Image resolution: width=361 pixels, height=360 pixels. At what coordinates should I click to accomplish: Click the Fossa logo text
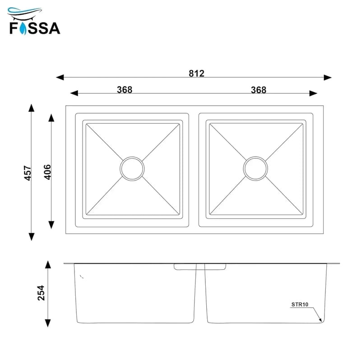(35, 28)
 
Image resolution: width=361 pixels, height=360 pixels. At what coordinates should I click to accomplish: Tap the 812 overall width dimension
(196, 74)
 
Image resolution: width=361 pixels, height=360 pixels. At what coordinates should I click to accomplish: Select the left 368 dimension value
(125, 89)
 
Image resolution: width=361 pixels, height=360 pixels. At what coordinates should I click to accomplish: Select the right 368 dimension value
(259, 90)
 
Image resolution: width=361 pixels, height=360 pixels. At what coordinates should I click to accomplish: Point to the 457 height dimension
(28, 173)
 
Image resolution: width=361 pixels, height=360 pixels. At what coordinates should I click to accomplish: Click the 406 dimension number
(47, 172)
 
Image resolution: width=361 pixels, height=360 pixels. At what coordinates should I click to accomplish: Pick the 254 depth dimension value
(41, 293)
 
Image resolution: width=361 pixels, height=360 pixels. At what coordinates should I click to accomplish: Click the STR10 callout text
(300, 305)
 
